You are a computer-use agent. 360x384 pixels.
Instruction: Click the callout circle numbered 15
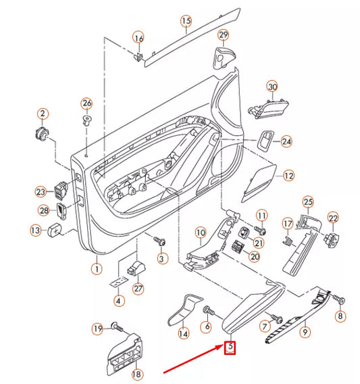[186, 22]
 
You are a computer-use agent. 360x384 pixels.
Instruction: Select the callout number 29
[223, 34]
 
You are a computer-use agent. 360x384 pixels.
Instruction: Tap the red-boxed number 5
[230, 348]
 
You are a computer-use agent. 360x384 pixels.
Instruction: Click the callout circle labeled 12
[288, 176]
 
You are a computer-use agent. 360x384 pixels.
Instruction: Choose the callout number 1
[96, 269]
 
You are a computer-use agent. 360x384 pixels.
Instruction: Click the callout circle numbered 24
[286, 142]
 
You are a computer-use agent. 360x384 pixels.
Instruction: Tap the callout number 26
[86, 103]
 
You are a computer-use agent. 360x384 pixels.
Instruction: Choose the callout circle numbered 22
[333, 218]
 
